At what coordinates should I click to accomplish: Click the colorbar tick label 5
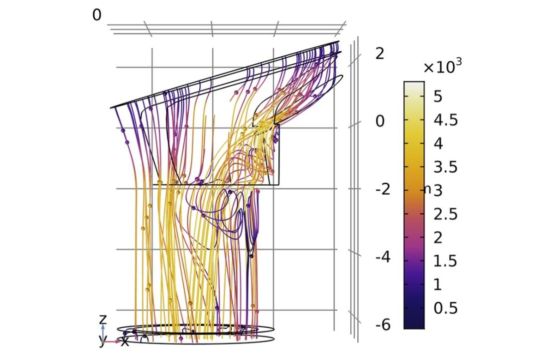(437, 97)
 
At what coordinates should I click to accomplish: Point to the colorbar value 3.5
(445, 167)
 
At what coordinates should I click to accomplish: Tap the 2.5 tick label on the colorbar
(445, 214)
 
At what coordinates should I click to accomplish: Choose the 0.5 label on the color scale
(445, 308)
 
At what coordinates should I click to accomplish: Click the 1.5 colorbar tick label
(445, 261)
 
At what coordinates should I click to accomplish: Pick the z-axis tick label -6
(383, 325)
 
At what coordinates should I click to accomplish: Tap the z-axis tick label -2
(383, 190)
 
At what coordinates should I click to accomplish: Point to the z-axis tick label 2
(380, 54)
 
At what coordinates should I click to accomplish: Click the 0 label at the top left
(97, 15)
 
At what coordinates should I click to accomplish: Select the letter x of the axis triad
(125, 342)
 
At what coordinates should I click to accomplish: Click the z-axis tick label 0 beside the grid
(380, 121)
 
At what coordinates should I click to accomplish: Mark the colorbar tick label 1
(437, 284)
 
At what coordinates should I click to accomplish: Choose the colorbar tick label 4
(437, 144)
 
